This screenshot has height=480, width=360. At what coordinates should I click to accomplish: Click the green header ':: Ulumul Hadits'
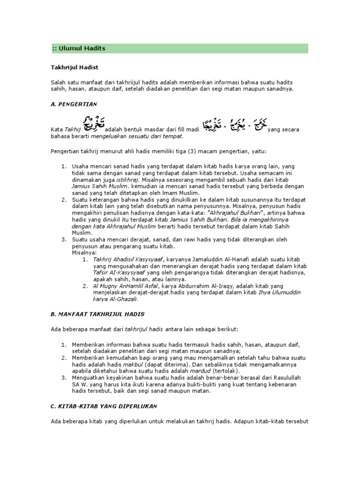[x=79, y=48]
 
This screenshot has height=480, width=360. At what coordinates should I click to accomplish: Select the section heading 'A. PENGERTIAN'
[x=74, y=104]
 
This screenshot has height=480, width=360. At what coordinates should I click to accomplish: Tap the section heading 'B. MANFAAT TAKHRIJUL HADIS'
[x=97, y=314]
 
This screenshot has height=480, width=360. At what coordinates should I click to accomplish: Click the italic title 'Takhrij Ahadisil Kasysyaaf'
[x=127, y=259]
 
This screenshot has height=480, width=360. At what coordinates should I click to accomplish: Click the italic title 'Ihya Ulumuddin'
[x=279, y=292]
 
